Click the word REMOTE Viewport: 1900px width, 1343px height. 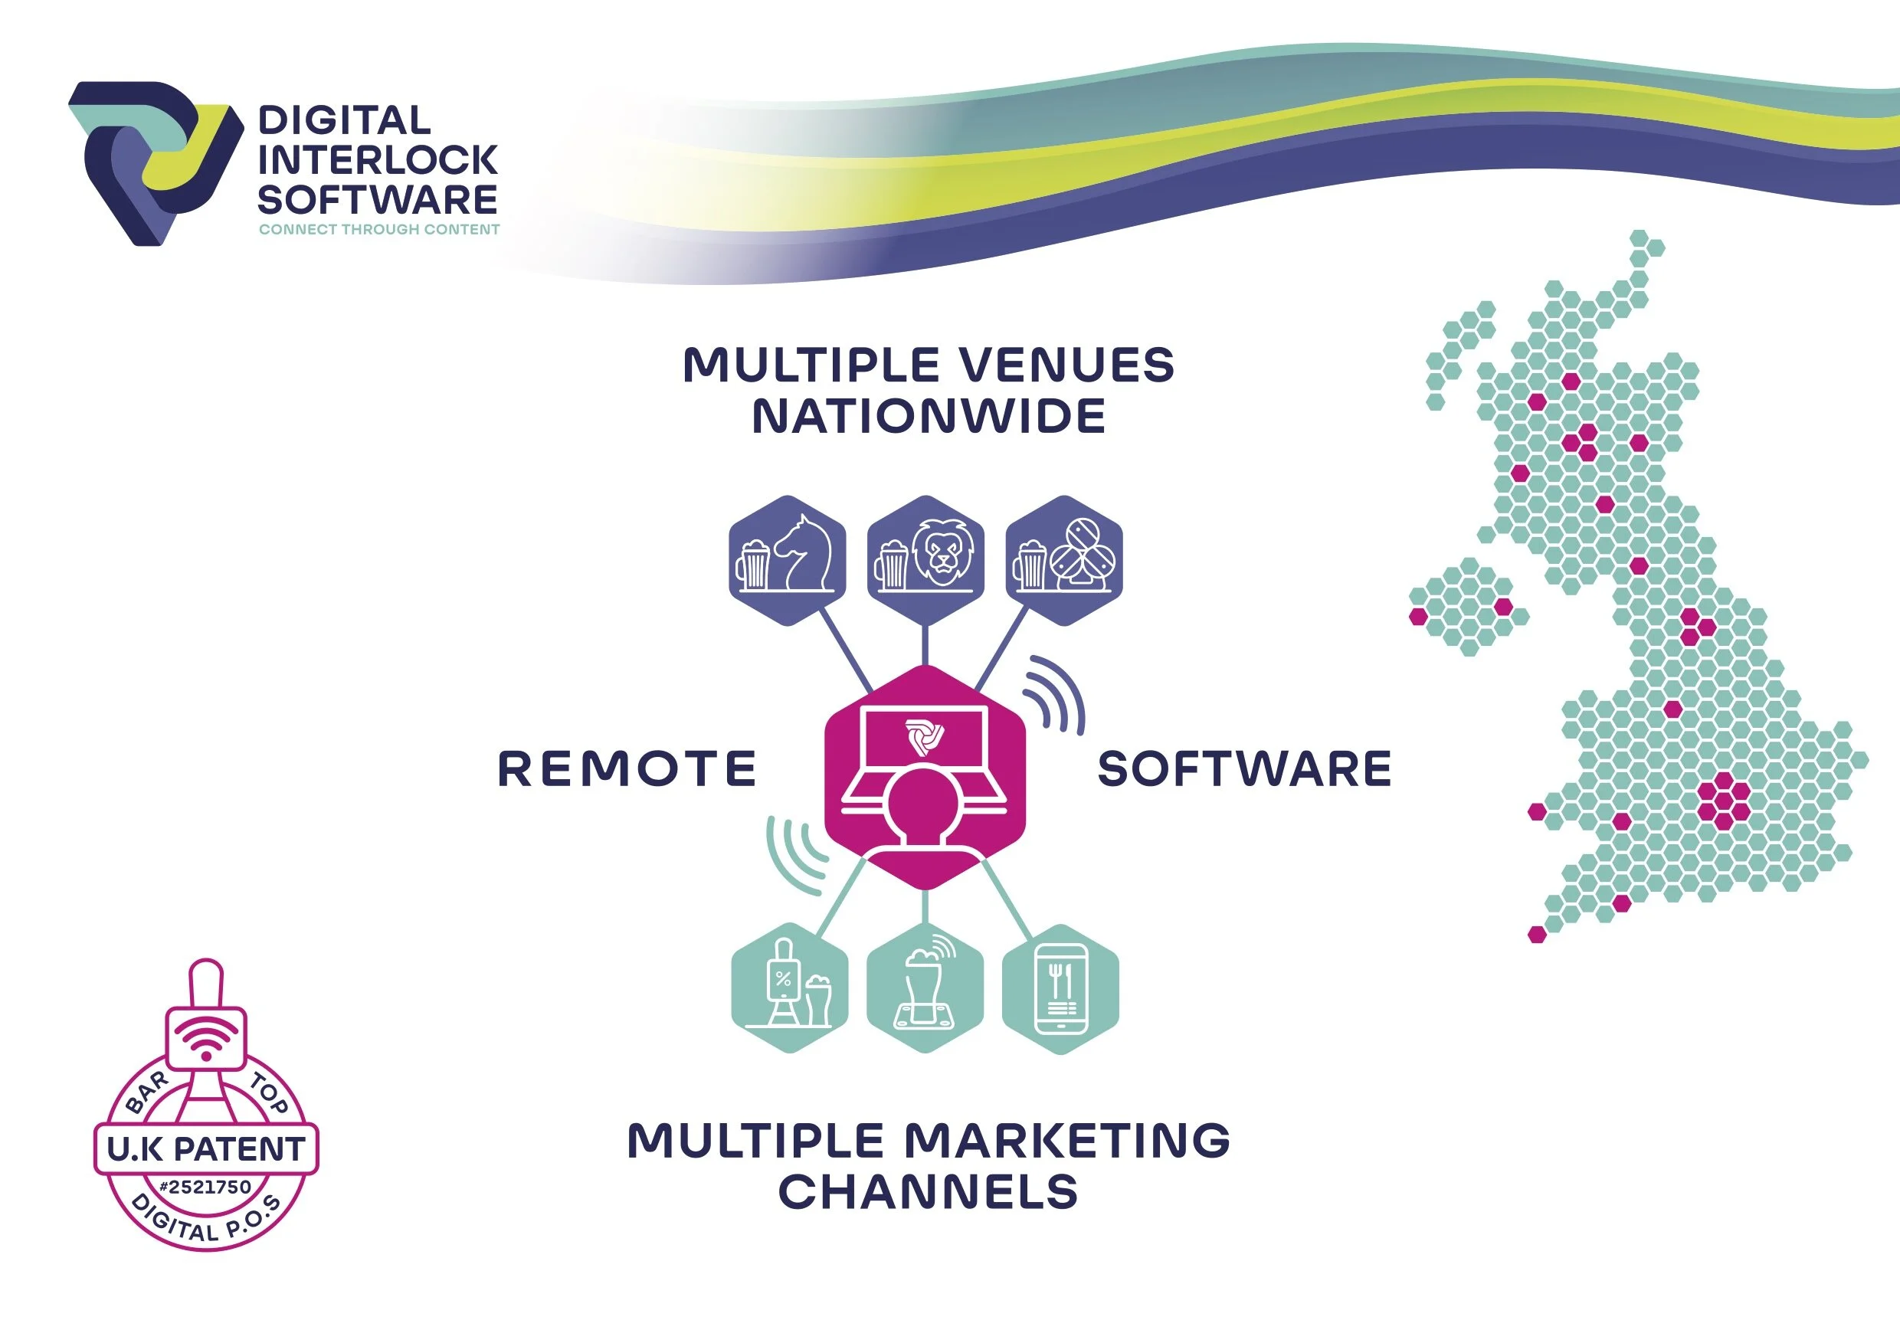point(627,768)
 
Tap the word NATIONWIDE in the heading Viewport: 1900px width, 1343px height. point(929,415)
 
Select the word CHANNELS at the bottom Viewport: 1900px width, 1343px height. point(928,1191)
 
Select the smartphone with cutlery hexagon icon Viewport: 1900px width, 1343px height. point(1061,989)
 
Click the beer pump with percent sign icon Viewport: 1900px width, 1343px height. point(789,988)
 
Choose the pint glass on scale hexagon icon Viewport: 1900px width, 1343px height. point(925,989)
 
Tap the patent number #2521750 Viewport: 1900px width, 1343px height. point(205,1187)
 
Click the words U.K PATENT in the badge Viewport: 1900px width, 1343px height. point(206,1148)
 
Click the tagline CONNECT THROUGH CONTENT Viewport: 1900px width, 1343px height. point(379,229)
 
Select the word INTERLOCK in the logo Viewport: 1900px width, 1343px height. point(378,159)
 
